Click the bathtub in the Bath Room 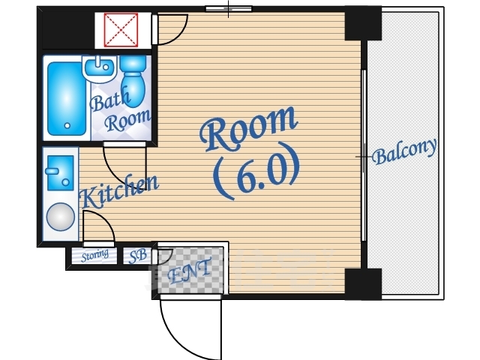[x=67, y=98]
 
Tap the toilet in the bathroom [x=133, y=81]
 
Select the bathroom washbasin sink [x=100, y=69]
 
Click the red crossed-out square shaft [x=121, y=30]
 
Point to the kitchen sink [x=60, y=172]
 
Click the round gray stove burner [x=61, y=217]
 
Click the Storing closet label [x=94, y=256]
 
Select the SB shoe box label [x=137, y=256]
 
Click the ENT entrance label [x=190, y=271]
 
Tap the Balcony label [x=404, y=151]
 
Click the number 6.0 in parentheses [x=256, y=173]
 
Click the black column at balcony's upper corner [x=363, y=23]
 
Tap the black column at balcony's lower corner [x=363, y=283]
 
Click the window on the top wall [x=228, y=8]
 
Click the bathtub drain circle [x=67, y=125]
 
